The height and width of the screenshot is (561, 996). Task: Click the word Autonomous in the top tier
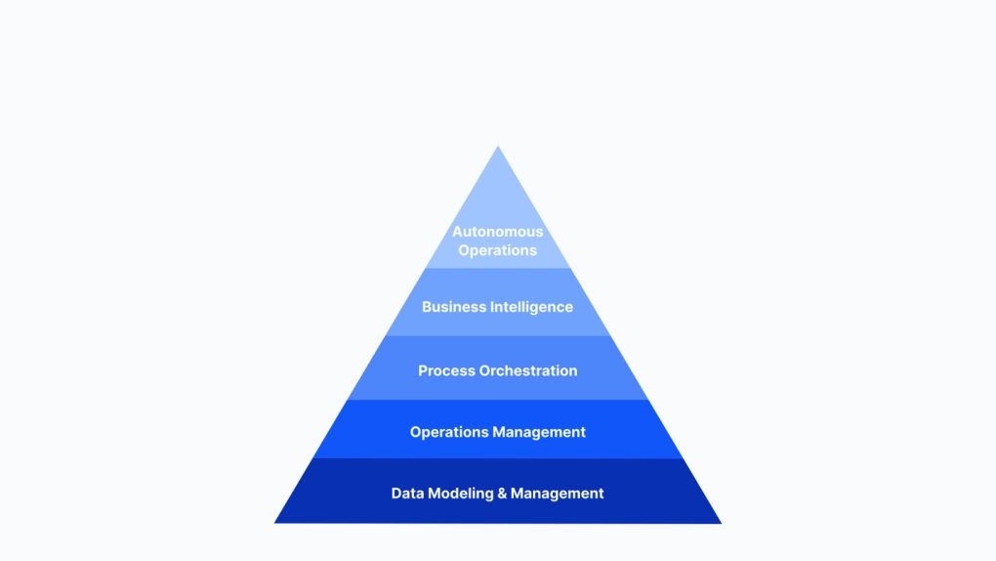[497, 232]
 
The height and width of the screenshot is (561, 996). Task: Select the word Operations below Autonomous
[497, 250]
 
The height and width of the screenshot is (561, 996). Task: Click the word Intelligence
[533, 307]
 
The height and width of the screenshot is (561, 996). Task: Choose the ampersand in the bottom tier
[503, 494]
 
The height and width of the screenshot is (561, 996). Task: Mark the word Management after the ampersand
[558, 494]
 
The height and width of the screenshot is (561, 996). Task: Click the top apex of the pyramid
[498, 149]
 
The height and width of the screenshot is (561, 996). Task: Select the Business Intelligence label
[497, 307]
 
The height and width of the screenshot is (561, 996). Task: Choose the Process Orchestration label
[497, 370]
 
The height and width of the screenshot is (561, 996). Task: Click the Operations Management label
[497, 432]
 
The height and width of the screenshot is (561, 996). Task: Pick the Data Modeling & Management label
[497, 494]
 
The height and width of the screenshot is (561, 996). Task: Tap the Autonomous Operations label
[497, 240]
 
